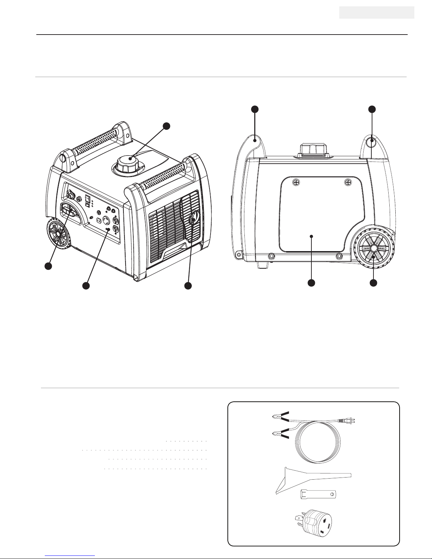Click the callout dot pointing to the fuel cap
(x=167, y=126)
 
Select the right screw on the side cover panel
(x=348, y=182)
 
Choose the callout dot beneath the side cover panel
(x=311, y=283)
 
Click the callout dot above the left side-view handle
(x=255, y=109)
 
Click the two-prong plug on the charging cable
(x=347, y=420)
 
